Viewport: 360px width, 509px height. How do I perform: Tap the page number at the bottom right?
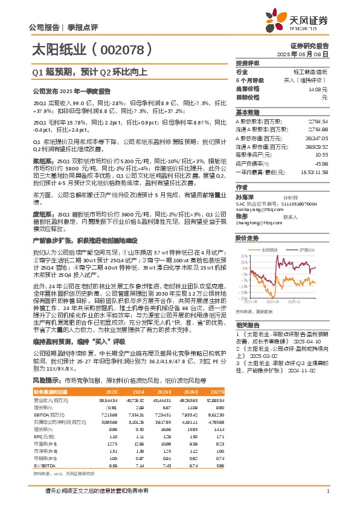tap(327, 491)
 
